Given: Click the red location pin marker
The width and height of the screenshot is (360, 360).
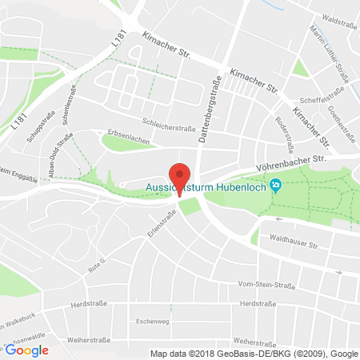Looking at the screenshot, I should click(180, 178).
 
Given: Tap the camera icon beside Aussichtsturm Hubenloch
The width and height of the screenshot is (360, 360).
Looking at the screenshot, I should click(277, 186).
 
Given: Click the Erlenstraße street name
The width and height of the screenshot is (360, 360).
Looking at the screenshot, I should click(160, 219).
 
